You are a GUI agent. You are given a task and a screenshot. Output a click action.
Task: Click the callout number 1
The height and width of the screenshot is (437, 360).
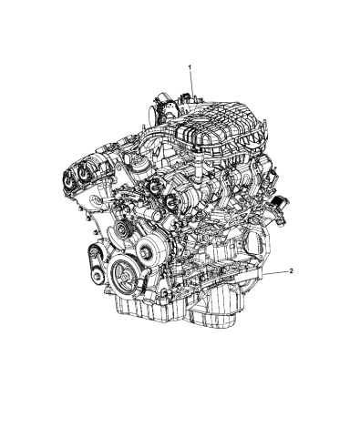pyautogui.click(x=190, y=67)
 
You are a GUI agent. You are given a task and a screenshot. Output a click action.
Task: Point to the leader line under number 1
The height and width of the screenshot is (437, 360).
pyautogui.click(x=191, y=86)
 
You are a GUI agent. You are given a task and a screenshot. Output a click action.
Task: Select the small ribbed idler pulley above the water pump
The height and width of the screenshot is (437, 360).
pyautogui.click(x=115, y=236)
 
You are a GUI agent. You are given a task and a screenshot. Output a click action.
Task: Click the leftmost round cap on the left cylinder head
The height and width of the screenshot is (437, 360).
pyautogui.click(x=68, y=169)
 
